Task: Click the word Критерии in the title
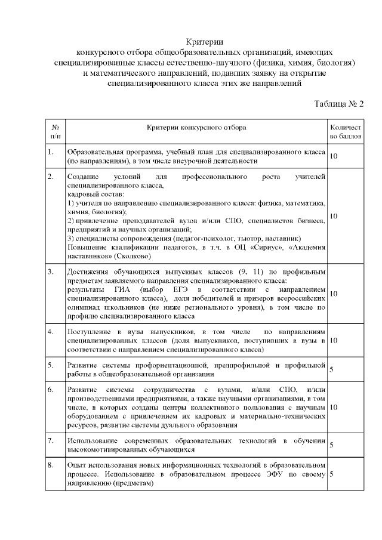click(x=204, y=41)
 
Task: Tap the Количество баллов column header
click(x=345, y=132)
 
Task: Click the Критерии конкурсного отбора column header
click(x=196, y=127)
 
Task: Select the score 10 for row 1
click(x=334, y=156)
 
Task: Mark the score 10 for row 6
click(x=334, y=407)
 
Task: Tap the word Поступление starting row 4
click(x=88, y=331)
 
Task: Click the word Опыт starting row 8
click(x=75, y=464)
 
